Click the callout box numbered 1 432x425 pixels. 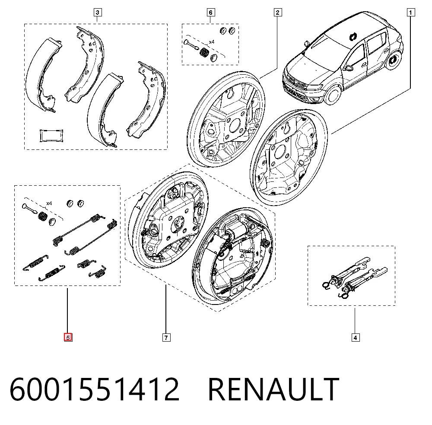click(x=410, y=13)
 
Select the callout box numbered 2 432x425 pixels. click(x=278, y=13)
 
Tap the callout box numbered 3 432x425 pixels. click(x=98, y=13)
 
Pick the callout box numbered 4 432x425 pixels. click(x=356, y=337)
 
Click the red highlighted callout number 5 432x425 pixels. click(x=68, y=337)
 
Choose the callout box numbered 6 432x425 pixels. click(x=211, y=13)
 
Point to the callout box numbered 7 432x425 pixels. click(x=166, y=337)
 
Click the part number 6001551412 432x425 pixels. click(x=95, y=390)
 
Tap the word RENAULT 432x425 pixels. click(x=273, y=390)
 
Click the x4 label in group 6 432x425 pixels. click(x=211, y=42)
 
